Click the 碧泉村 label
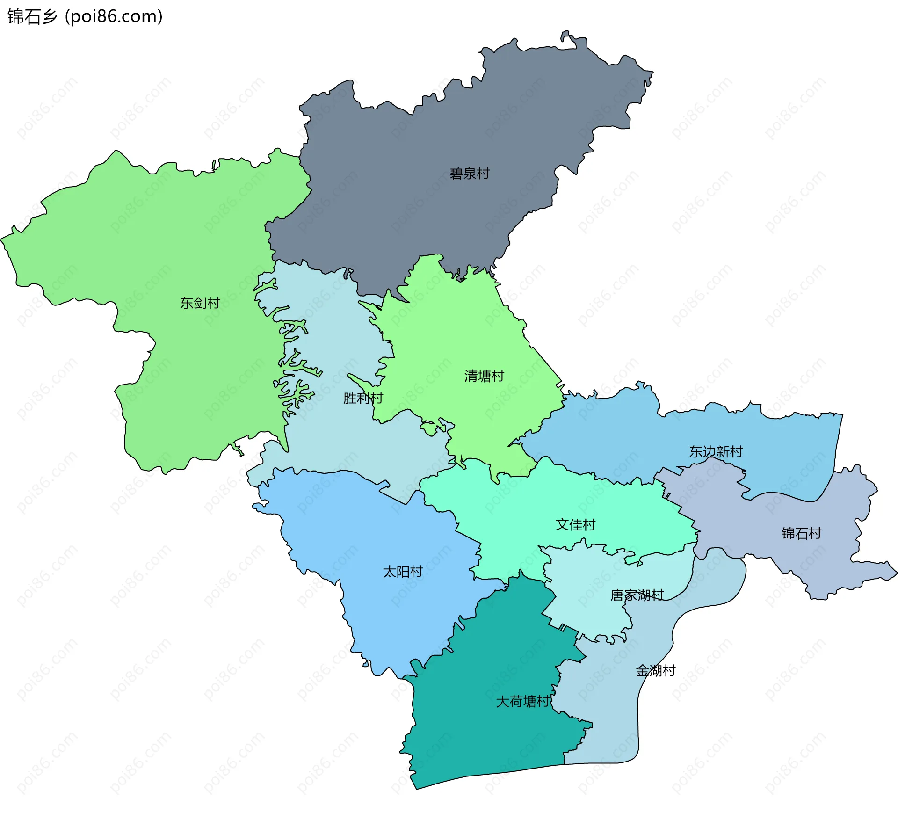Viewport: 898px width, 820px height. point(469,174)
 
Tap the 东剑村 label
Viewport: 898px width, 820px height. point(200,303)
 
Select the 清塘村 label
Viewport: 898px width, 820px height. point(484,376)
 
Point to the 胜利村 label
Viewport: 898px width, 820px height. point(363,398)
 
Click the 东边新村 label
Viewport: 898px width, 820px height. point(716,452)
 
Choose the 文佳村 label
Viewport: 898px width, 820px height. point(575,525)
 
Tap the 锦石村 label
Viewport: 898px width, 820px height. point(801,533)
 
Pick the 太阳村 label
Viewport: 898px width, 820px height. point(402,572)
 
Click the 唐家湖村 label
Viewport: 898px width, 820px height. point(637,595)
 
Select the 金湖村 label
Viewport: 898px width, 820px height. point(656,671)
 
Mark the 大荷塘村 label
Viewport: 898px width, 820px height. point(522,702)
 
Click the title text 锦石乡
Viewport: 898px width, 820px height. point(32,16)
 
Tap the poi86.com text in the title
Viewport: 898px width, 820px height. point(114,16)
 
